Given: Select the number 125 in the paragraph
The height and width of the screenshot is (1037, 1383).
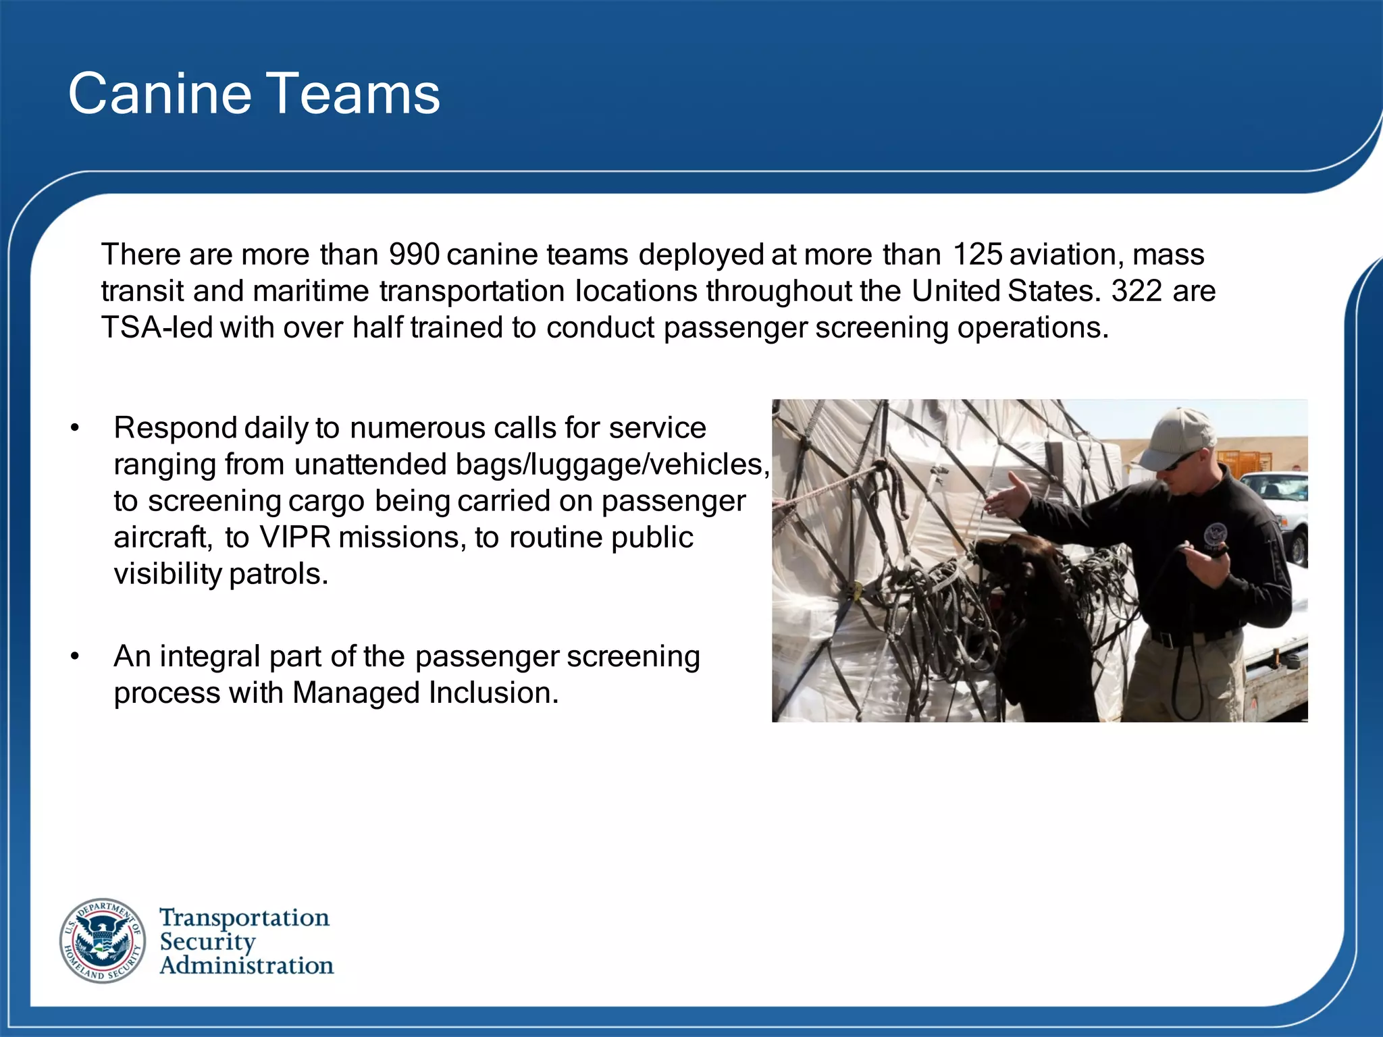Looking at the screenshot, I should coord(977,255).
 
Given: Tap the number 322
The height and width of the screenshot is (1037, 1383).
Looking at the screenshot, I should coord(1137,292).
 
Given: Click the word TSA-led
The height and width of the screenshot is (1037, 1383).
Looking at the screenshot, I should coord(157,328).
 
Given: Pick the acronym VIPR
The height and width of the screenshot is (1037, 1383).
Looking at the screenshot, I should coord(295,538).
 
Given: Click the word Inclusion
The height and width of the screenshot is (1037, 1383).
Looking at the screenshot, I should coord(494,693).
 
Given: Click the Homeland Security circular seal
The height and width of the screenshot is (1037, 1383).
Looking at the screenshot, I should coord(103,940).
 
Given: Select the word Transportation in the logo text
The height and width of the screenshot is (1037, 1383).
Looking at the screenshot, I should coord(244,918).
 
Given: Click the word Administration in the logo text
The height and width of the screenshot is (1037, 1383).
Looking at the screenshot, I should coord(246,966).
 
